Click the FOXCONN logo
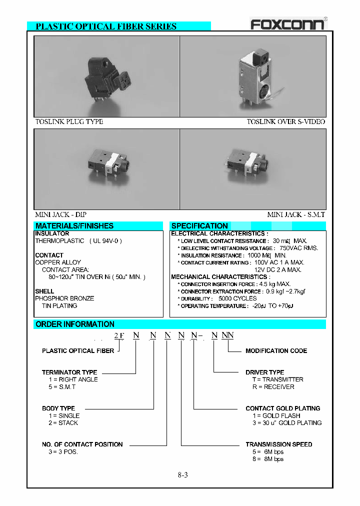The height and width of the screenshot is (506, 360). tap(287, 24)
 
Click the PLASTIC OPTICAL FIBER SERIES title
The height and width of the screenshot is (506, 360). tap(106, 26)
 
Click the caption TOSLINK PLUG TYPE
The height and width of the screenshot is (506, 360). tap(69, 121)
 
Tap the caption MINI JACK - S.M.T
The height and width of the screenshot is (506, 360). tap(296, 214)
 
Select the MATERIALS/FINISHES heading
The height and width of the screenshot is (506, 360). tap(74, 226)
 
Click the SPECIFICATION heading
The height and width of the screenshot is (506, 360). tap(199, 226)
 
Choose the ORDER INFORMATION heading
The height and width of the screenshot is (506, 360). tap(75, 324)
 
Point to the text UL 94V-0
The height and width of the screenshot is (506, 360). tap(105, 240)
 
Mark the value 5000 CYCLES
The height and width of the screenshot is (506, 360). tap(237, 298)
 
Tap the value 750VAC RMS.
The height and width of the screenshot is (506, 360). tap(298, 248)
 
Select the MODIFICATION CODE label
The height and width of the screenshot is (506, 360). tap(276, 351)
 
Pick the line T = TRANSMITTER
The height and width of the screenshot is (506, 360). tap(274, 379)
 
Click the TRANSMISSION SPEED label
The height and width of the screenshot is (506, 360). tap(278, 444)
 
